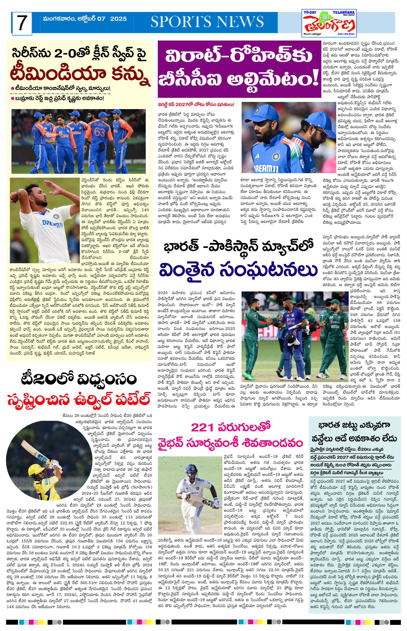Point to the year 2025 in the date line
[118, 19]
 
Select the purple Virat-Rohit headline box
[239, 69]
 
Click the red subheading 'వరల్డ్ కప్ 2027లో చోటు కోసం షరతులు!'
[196, 105]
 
